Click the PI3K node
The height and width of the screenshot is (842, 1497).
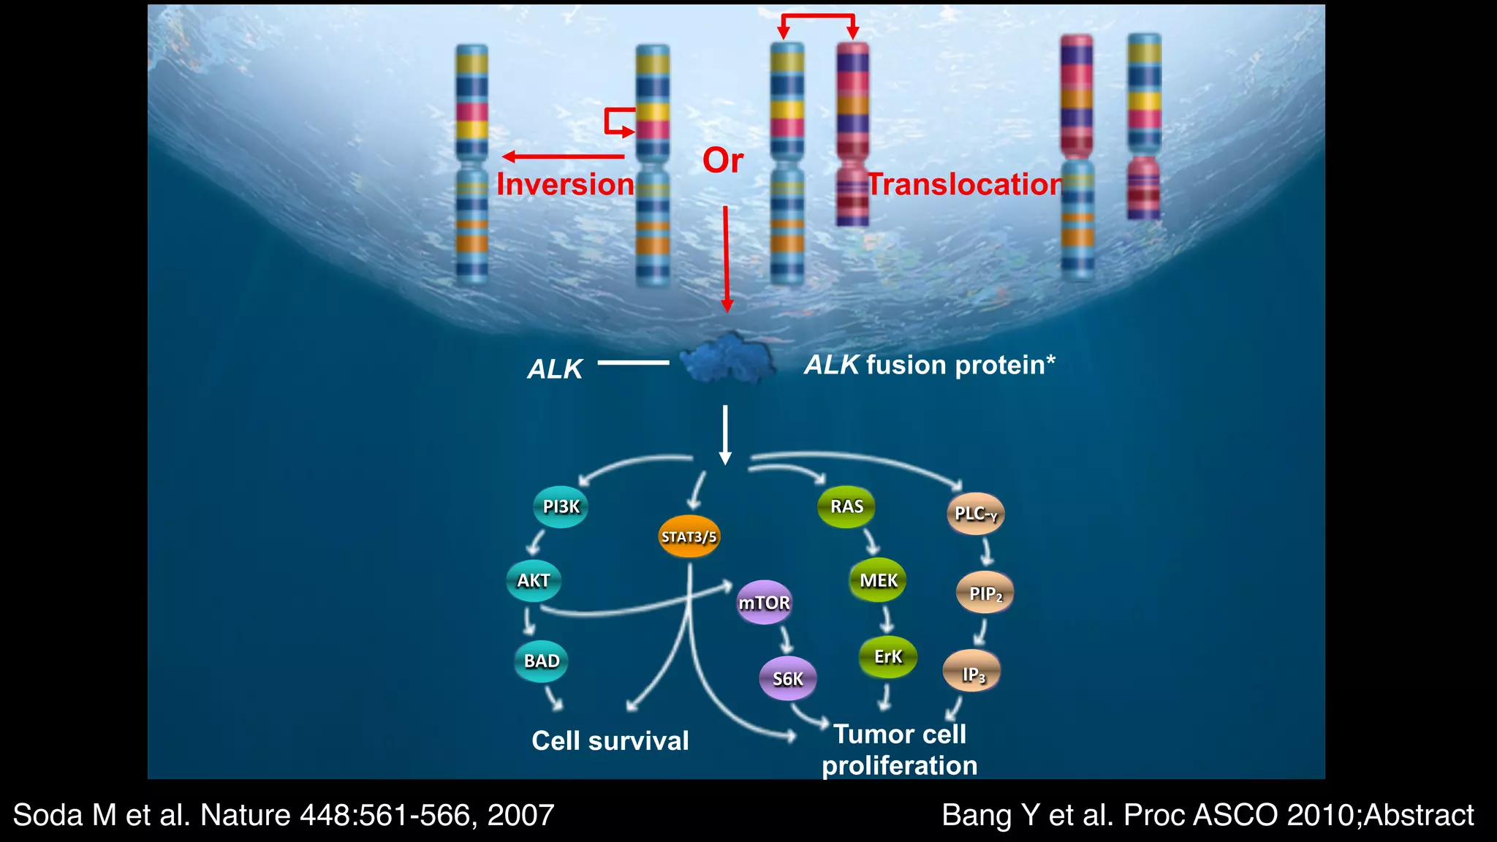(x=561, y=507)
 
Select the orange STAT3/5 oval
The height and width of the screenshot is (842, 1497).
(x=689, y=537)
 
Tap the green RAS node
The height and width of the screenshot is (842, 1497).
(x=846, y=507)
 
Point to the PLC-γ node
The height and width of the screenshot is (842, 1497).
(x=976, y=514)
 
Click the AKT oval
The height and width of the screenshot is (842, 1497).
(x=534, y=580)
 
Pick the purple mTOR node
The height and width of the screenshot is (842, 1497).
(x=764, y=602)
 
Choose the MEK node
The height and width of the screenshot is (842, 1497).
(x=878, y=580)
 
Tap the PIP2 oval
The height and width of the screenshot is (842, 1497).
(x=985, y=593)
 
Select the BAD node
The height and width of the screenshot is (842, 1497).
(x=541, y=661)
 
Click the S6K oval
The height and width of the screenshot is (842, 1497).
(x=787, y=679)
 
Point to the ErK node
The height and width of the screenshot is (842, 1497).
(x=888, y=656)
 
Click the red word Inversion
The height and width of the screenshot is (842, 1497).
(x=565, y=184)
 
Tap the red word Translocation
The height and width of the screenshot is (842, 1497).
(x=964, y=184)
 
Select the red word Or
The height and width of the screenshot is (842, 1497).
(x=723, y=160)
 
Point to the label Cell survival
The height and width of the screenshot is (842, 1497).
(x=610, y=740)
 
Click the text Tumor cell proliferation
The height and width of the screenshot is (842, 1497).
(x=900, y=750)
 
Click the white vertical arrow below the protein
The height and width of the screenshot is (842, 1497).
(x=725, y=434)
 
